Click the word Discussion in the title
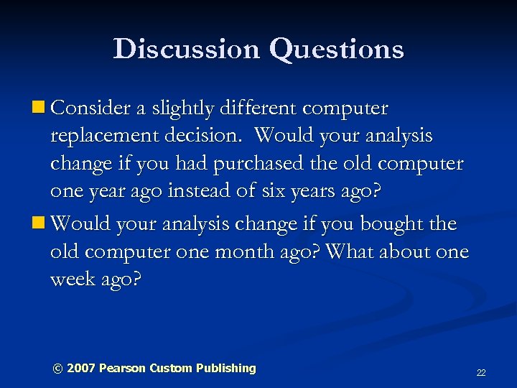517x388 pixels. tap(185, 49)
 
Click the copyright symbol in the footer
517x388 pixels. tap(57, 368)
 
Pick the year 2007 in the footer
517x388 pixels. tap(80, 368)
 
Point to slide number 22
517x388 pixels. tap(481, 373)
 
